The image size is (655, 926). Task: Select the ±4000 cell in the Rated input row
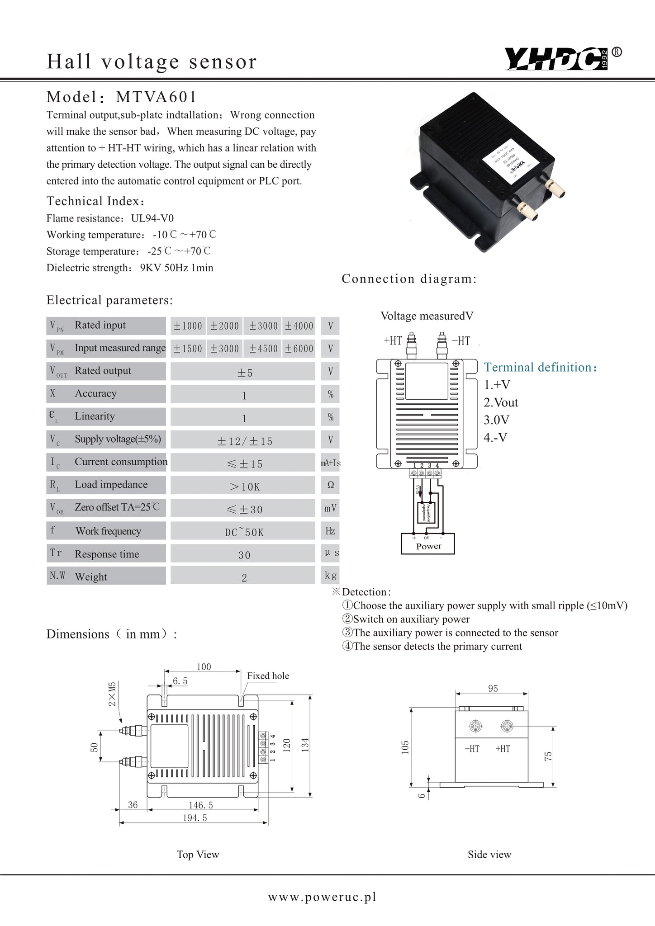tap(299, 326)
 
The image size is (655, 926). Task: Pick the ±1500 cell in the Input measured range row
tap(188, 349)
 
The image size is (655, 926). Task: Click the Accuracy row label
tap(95, 394)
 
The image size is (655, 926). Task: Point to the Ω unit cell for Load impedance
tap(330, 485)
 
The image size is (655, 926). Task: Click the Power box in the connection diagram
tap(428, 543)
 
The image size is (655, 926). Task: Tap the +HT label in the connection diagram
tap(393, 341)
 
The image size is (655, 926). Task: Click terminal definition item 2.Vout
tap(501, 402)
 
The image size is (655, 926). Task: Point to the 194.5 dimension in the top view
tap(195, 817)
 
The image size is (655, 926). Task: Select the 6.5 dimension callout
tap(180, 681)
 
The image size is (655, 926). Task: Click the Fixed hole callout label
tap(268, 676)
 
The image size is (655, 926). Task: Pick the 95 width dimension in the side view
tap(493, 688)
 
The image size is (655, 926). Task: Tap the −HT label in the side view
tap(472, 749)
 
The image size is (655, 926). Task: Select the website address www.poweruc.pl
tap(322, 897)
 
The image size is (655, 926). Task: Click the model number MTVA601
tap(157, 97)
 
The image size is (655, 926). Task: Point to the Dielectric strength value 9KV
tap(149, 268)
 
